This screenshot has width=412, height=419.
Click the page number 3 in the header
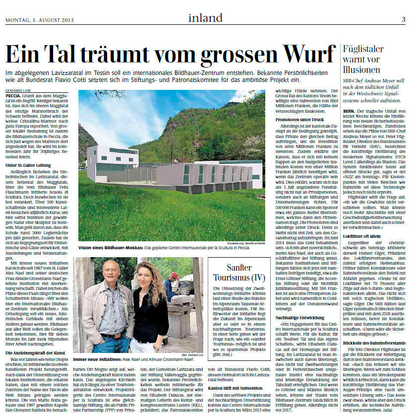coord(404,19)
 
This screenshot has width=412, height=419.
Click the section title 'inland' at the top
coord(205,18)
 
